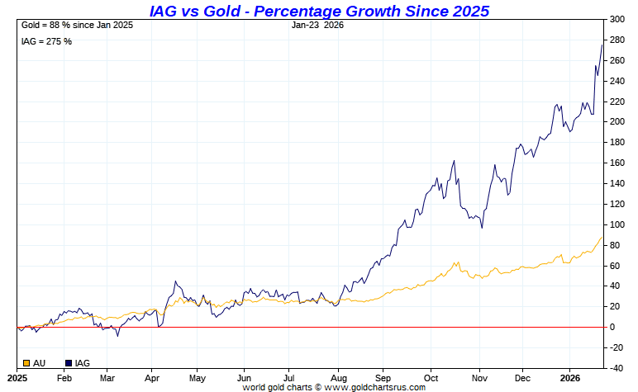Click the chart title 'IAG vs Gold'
tap(319, 11)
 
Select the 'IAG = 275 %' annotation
tap(46, 41)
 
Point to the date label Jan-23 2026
tap(317, 25)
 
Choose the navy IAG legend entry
tap(77, 363)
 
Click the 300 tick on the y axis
tap(616, 19)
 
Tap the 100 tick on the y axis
tap(616, 224)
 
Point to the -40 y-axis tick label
tap(616, 368)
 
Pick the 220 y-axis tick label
tap(616, 102)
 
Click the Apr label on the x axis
tap(152, 377)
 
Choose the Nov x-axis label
tap(478, 377)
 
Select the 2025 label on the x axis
tap(17, 377)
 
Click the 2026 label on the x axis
tap(569, 377)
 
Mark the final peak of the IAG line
tap(602, 45)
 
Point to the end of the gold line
tap(602, 237)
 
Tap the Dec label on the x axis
tap(522, 377)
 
